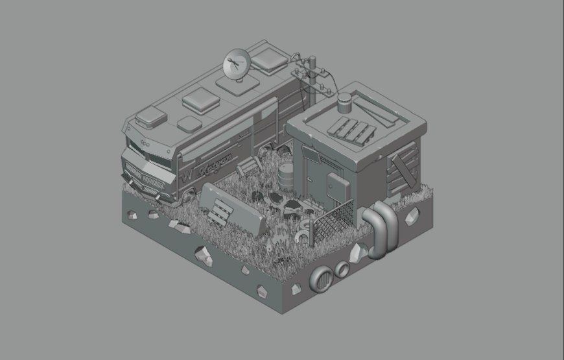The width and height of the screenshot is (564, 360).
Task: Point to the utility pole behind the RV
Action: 312,81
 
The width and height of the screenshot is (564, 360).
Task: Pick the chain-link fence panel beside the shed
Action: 333,221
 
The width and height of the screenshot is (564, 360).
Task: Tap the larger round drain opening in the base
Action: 321,279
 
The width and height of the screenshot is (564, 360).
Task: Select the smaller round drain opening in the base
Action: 341,269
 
